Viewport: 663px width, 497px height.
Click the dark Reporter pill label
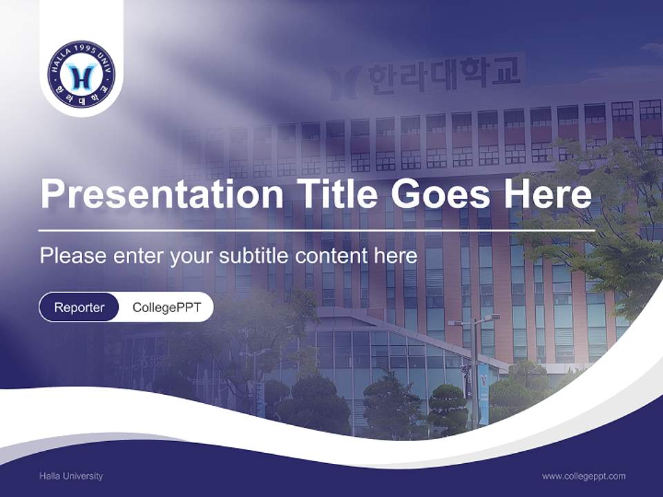pyautogui.click(x=79, y=307)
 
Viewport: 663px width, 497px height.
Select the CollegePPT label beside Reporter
pyautogui.click(x=166, y=307)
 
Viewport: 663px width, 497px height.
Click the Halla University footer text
pyautogui.click(x=71, y=476)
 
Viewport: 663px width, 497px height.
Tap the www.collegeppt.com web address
pyautogui.click(x=584, y=476)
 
